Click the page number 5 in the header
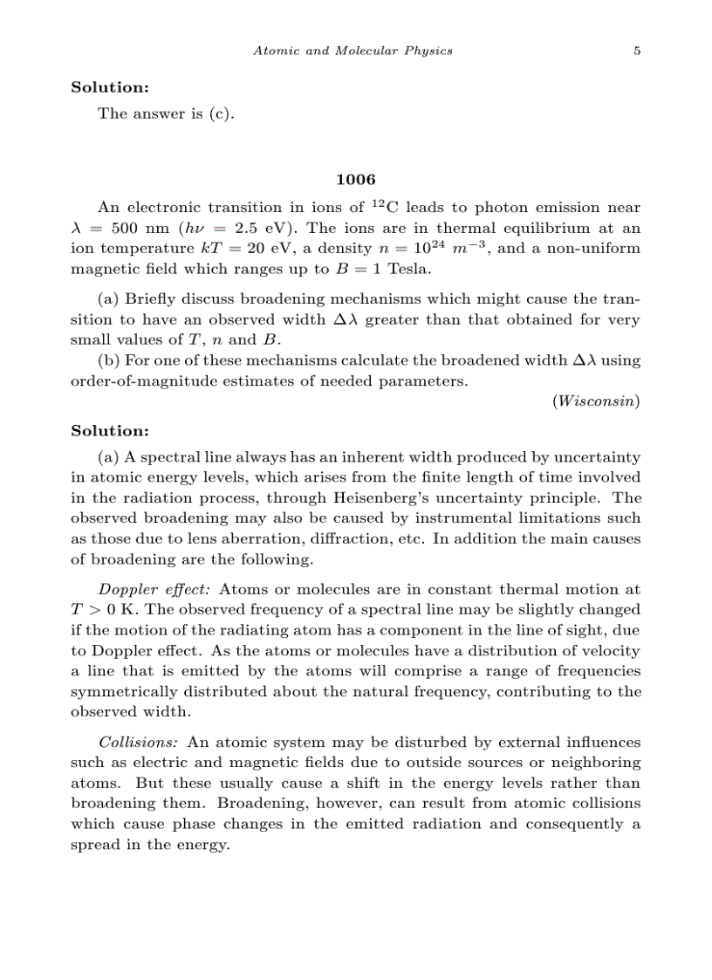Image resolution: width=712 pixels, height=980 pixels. [x=637, y=51]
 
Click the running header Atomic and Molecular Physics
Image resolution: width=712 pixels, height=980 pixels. [x=353, y=51]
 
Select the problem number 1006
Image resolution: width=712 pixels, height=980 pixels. [x=355, y=180]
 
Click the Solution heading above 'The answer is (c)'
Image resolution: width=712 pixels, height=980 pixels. [x=109, y=87]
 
